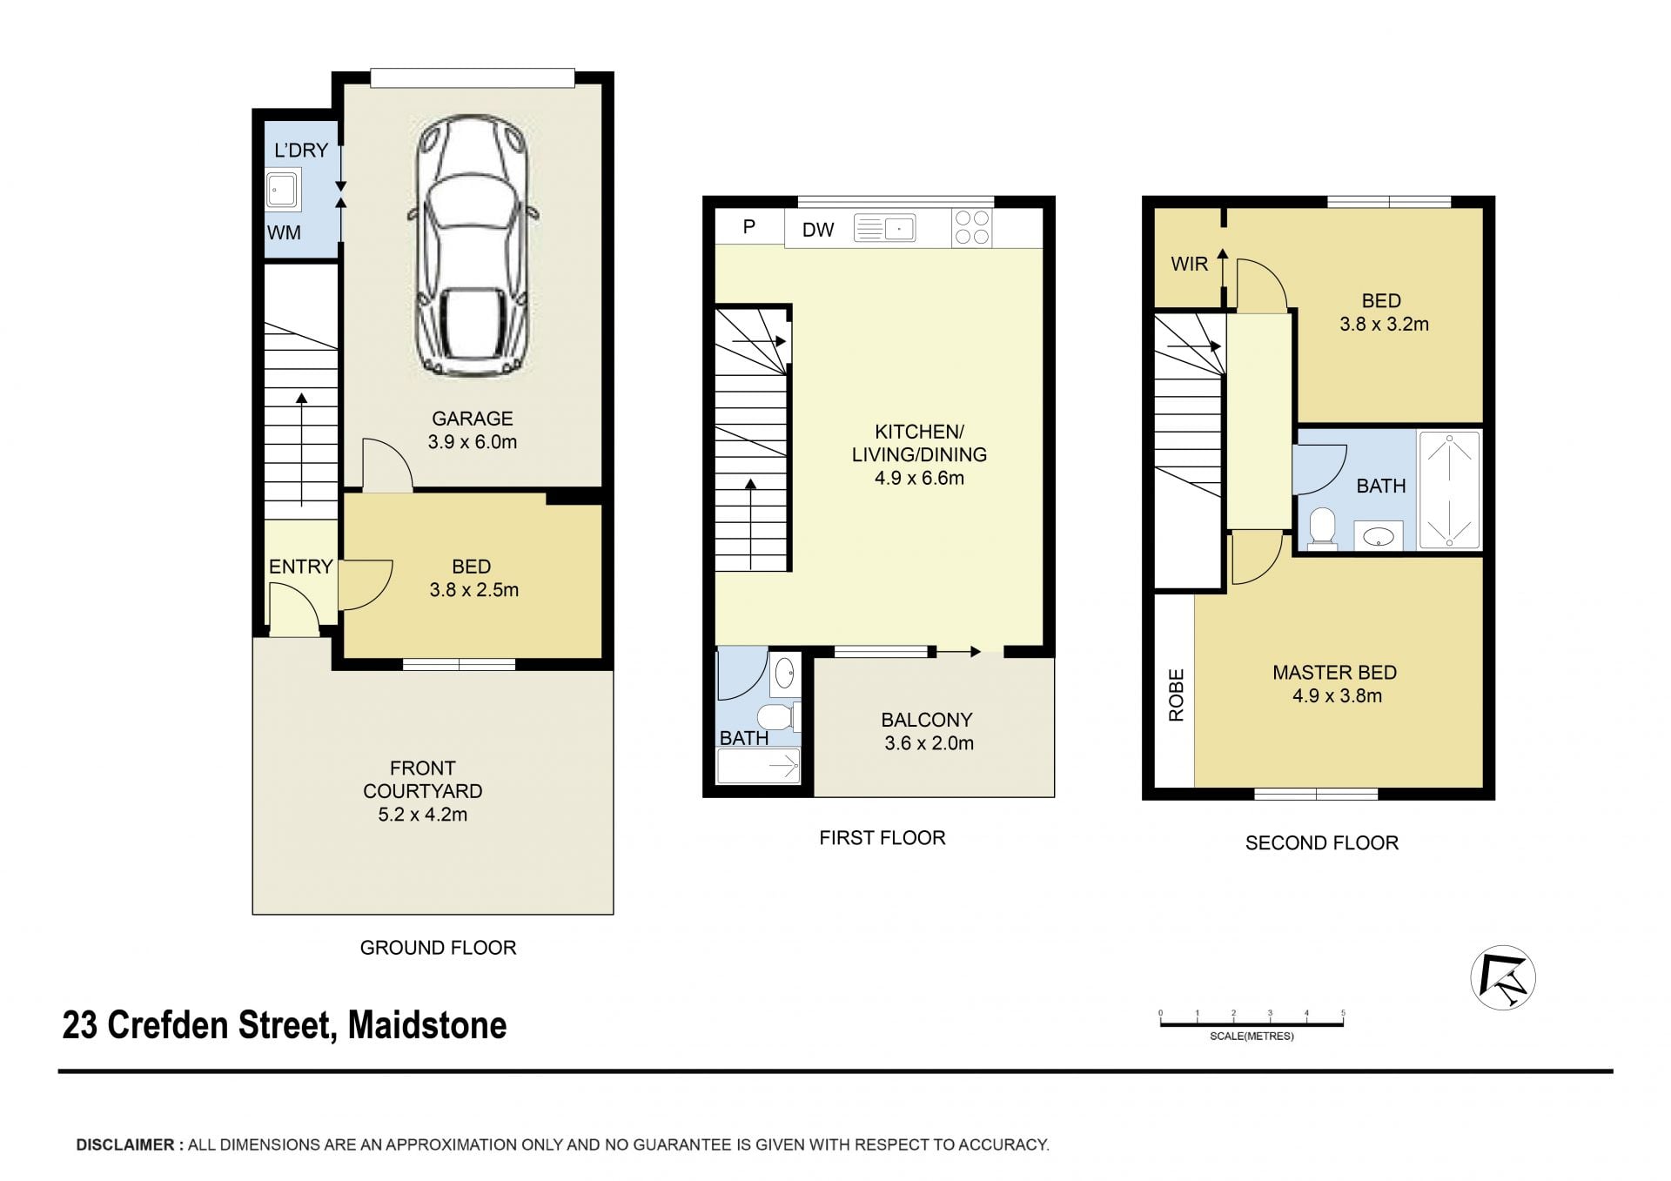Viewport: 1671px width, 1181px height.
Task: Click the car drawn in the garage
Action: coord(472,249)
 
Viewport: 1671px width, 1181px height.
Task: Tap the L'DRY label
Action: coord(301,151)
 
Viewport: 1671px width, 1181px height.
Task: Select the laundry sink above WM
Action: coord(283,191)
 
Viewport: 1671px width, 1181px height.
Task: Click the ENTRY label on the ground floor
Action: coord(300,567)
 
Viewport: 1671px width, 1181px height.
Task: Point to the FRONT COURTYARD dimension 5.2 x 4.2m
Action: coord(423,815)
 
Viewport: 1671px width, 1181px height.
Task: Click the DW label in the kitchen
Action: coord(818,230)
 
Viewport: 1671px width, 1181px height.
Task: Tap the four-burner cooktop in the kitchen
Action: coord(972,228)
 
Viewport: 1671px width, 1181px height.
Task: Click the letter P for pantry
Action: coord(748,227)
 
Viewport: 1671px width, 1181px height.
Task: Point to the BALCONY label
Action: coord(927,720)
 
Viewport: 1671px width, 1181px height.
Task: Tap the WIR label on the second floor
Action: coord(1190,264)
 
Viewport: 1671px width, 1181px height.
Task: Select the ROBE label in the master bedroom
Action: coord(1177,695)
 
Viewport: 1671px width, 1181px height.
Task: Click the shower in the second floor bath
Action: coord(1449,490)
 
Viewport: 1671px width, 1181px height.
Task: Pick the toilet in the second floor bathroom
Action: coord(1323,529)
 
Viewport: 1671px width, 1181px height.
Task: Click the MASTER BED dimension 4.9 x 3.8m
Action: coord(1337,695)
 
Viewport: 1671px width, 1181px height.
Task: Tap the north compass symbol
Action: coord(1503,977)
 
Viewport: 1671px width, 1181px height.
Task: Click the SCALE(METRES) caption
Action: coord(1252,1037)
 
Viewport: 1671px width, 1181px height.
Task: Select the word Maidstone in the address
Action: coord(427,1025)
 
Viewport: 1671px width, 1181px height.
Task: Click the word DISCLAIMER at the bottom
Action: coord(125,1145)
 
